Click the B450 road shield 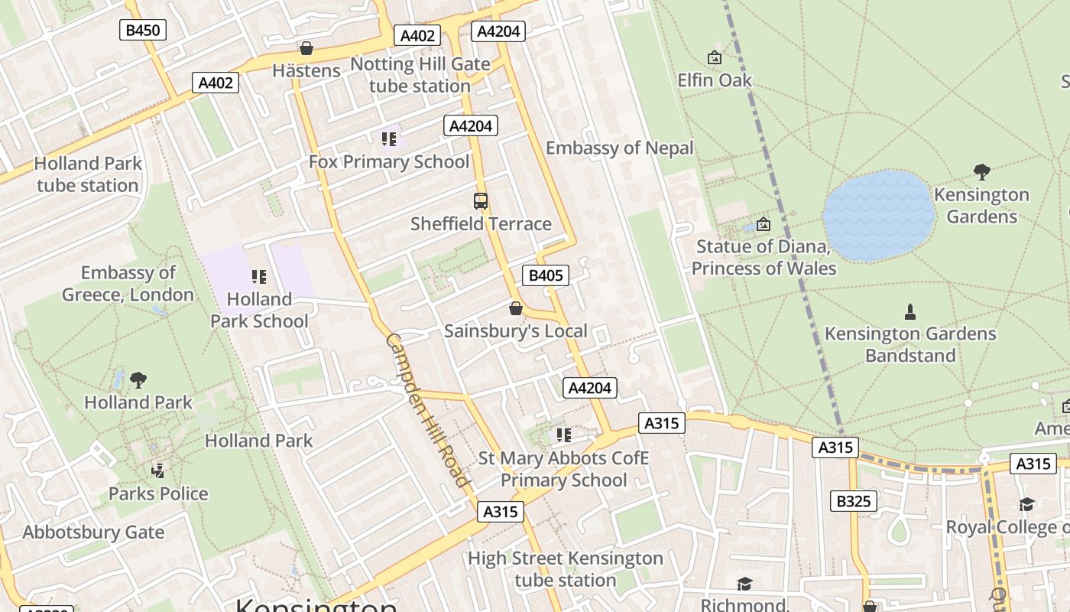143,30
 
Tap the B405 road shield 546,275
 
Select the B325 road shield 854,501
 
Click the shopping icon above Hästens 306,49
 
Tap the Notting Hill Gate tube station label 420,75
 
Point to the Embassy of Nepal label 620,148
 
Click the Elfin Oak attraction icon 715,57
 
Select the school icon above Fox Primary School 389,139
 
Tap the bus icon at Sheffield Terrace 481,201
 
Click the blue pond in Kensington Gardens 879,216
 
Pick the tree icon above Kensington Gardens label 982,172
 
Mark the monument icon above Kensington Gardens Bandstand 910,311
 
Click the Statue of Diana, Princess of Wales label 764,258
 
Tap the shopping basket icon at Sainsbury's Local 516,308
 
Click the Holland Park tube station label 88,174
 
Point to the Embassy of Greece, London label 128,284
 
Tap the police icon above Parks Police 158,470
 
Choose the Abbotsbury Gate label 93,532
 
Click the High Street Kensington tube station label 566,569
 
